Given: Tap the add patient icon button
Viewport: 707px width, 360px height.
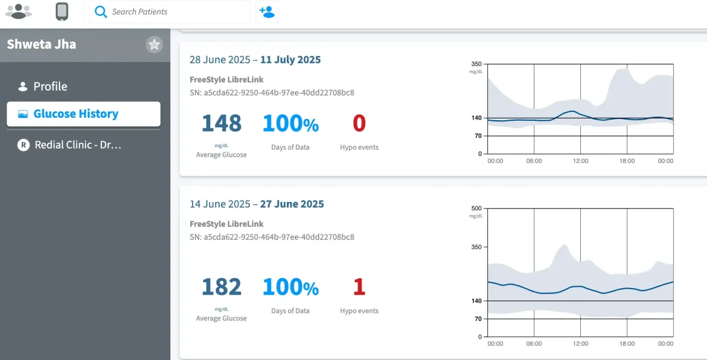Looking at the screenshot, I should [267, 12].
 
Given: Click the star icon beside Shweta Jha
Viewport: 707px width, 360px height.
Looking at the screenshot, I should [154, 45].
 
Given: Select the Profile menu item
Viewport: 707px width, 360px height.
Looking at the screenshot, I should [50, 87].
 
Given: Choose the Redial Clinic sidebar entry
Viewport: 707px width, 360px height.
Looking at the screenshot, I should [78, 145].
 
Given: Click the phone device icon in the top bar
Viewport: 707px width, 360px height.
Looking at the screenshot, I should [62, 12].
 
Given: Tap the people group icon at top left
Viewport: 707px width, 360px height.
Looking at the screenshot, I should [18, 11].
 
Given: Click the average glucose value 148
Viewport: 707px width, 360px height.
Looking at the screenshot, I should [222, 124].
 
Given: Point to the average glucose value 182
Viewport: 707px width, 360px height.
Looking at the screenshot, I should [222, 287].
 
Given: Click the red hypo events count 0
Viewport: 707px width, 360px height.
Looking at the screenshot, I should [359, 124].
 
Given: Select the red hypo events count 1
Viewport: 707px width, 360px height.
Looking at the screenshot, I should [359, 287].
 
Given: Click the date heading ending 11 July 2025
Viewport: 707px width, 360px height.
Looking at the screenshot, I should [255, 60].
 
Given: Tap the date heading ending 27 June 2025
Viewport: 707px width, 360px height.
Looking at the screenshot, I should [256, 204].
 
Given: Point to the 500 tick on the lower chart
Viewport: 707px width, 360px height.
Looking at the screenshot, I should [476, 209].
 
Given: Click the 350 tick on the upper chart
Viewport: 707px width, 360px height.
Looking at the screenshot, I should [476, 64].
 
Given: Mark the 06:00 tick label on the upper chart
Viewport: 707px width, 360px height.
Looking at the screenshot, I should [534, 161].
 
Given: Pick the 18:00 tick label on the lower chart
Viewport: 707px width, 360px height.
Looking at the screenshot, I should [627, 344].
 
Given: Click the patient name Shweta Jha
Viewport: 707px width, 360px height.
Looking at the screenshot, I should [41, 44].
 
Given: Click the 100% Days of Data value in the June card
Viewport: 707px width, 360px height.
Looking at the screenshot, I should [290, 287].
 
